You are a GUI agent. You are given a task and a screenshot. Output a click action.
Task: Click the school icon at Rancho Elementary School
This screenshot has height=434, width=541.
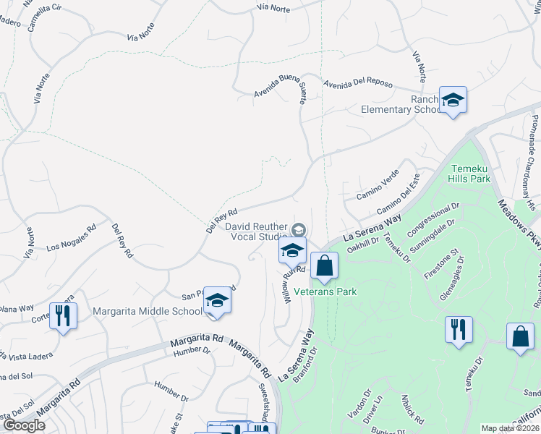[x=453, y=101]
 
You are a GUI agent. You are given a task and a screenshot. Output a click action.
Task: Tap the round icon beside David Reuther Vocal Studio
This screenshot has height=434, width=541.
[x=298, y=230]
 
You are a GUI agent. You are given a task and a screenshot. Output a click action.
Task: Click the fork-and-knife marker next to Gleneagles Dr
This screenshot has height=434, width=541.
[x=459, y=330]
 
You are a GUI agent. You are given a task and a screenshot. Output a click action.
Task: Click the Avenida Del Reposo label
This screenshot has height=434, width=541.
[x=357, y=83]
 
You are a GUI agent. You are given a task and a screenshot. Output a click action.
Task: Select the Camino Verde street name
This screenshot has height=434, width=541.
[x=377, y=185]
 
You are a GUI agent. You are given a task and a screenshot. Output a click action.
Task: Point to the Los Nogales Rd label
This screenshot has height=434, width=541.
[x=71, y=238]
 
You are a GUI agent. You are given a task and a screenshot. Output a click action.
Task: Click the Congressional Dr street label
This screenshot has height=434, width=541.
[x=433, y=219]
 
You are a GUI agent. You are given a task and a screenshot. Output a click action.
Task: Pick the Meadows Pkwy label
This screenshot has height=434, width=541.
[x=519, y=224]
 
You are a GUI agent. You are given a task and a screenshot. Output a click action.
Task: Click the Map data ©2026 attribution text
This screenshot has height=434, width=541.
[x=509, y=428]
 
